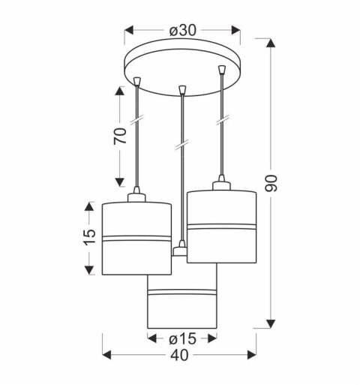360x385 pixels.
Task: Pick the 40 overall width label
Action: [180, 357]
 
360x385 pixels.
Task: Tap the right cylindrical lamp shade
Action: [222, 225]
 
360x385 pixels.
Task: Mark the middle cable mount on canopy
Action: [181, 92]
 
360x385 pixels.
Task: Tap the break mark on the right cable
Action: [221, 119]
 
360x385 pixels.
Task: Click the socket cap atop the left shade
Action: [137, 197]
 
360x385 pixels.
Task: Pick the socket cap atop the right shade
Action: [221, 185]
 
